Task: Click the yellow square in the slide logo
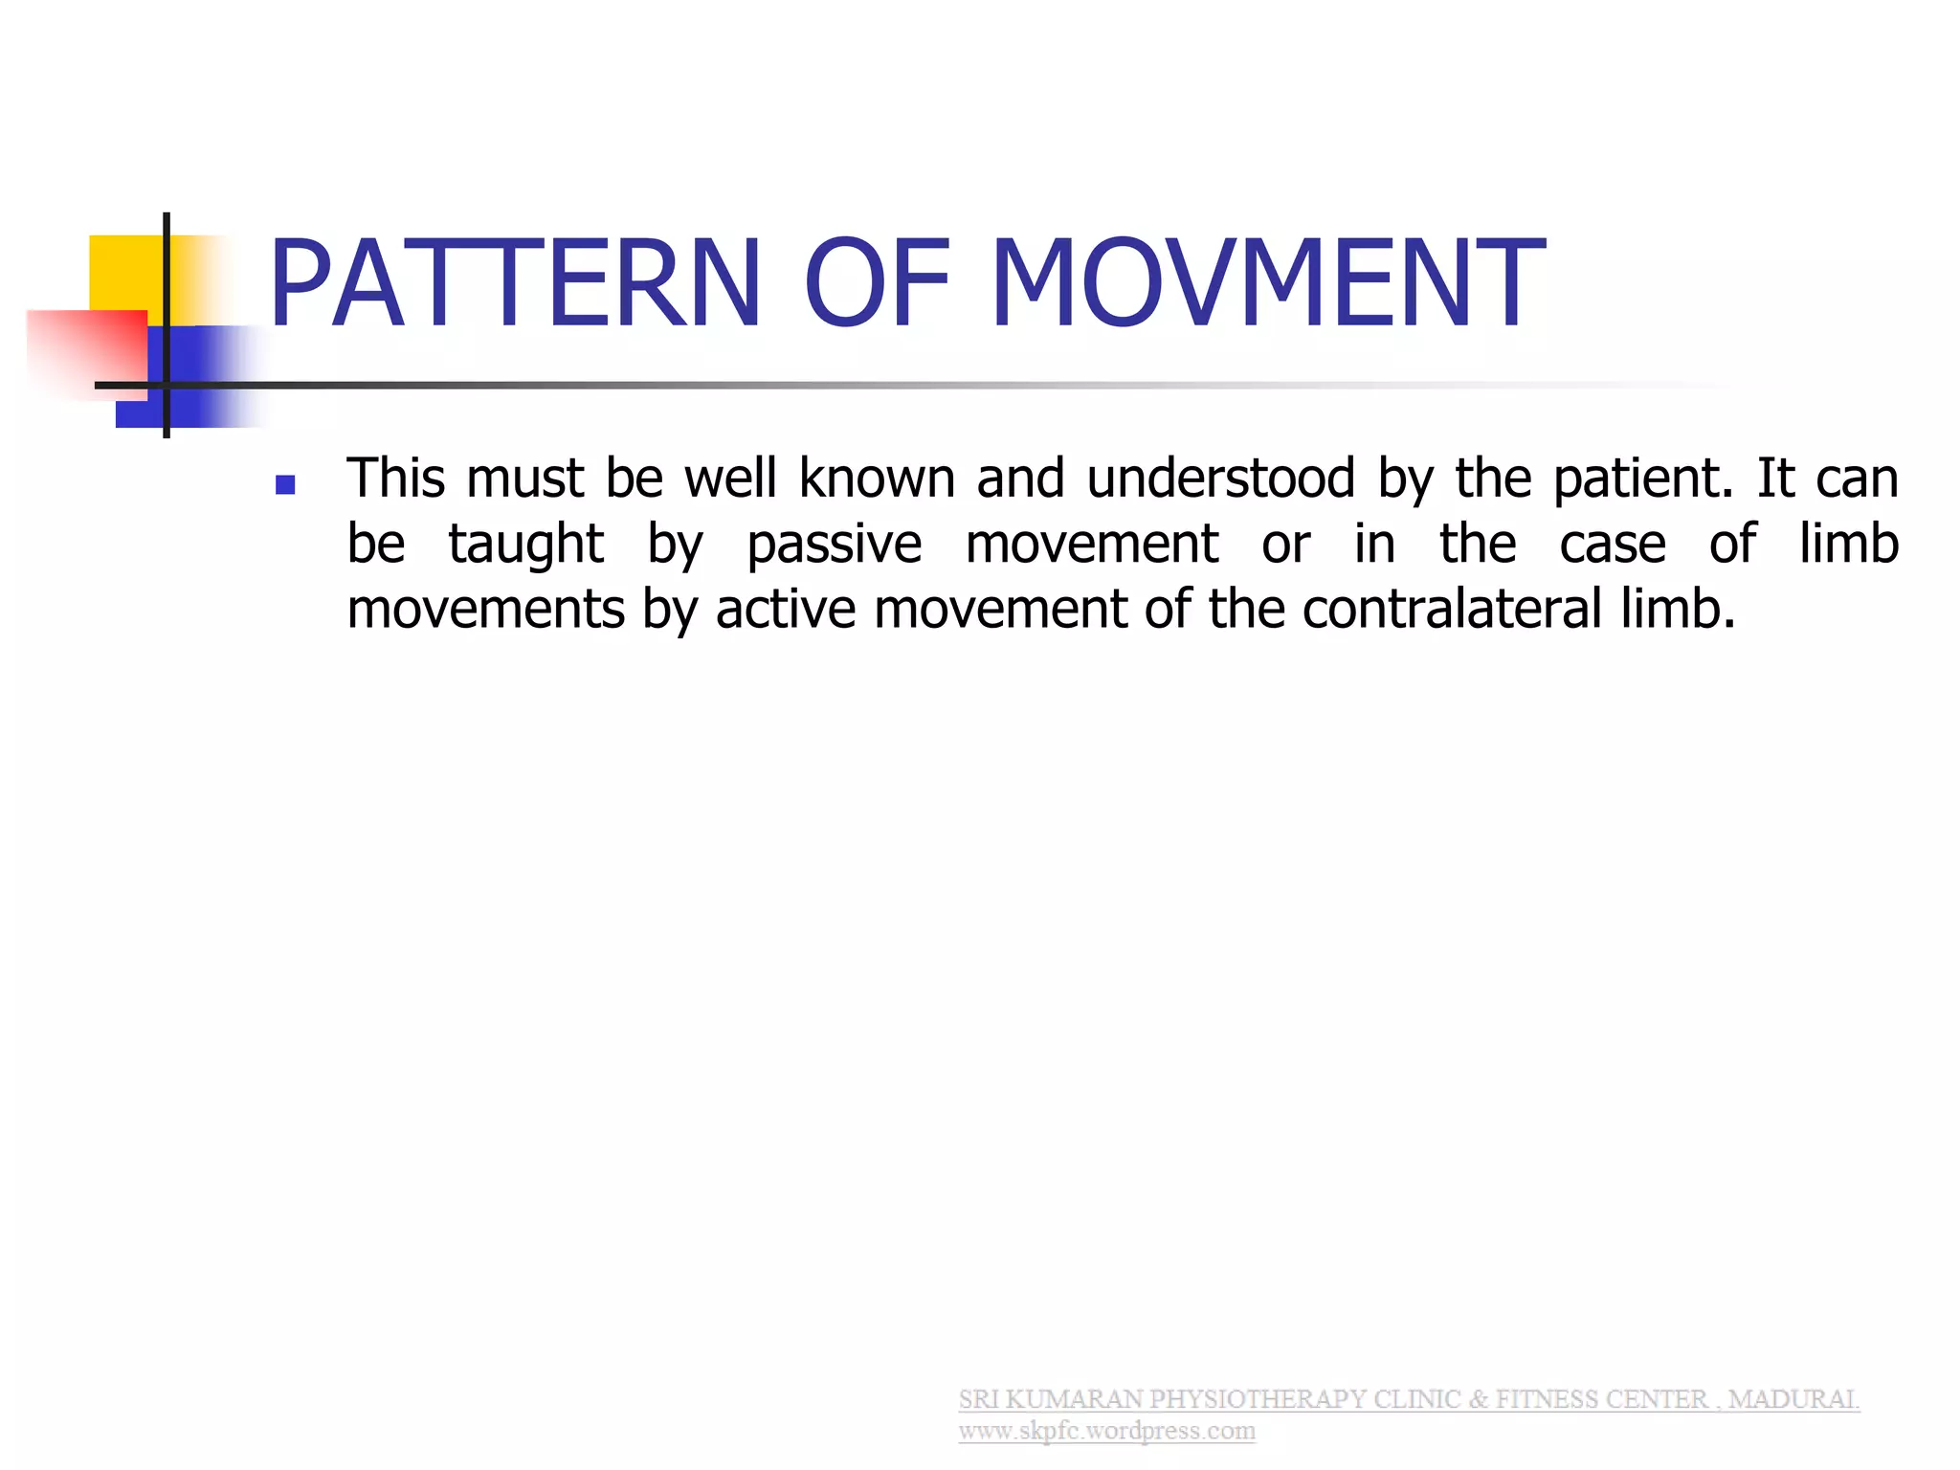[124, 273]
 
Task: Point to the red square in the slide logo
[86, 349]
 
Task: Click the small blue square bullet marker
[284, 485]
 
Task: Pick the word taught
[526, 545]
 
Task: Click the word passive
[834, 545]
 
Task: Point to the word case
[1613, 545]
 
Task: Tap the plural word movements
[485, 610]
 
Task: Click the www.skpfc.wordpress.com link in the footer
[1106, 1431]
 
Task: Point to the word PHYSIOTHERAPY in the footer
[1258, 1399]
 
